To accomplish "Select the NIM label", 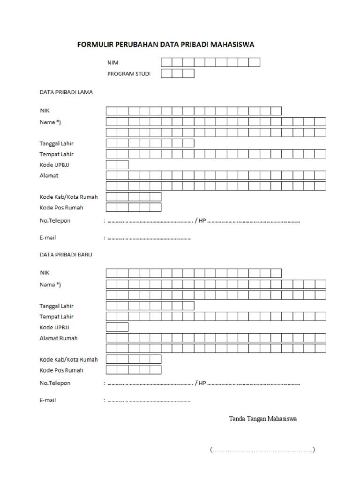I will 112,62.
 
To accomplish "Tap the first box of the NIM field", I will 166,63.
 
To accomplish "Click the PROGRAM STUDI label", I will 129,74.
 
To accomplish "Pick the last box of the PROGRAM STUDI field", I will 188,74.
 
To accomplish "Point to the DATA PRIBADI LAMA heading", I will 66,92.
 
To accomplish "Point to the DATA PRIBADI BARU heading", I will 66,255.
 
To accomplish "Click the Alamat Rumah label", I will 59,338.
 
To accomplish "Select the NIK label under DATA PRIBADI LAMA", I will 45,111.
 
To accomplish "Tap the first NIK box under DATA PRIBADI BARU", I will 112,273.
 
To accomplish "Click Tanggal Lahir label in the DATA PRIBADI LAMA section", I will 56,143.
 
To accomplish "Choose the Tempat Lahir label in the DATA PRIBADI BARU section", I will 56,317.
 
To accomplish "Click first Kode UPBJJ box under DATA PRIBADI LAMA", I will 112,165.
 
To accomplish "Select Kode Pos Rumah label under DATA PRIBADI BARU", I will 61,370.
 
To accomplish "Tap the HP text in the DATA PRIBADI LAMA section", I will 202,221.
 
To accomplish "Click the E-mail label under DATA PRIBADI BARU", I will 48,400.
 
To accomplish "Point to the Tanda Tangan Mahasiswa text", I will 262,419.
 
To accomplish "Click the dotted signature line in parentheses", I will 262,450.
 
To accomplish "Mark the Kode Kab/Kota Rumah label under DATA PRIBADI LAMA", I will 68,197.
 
